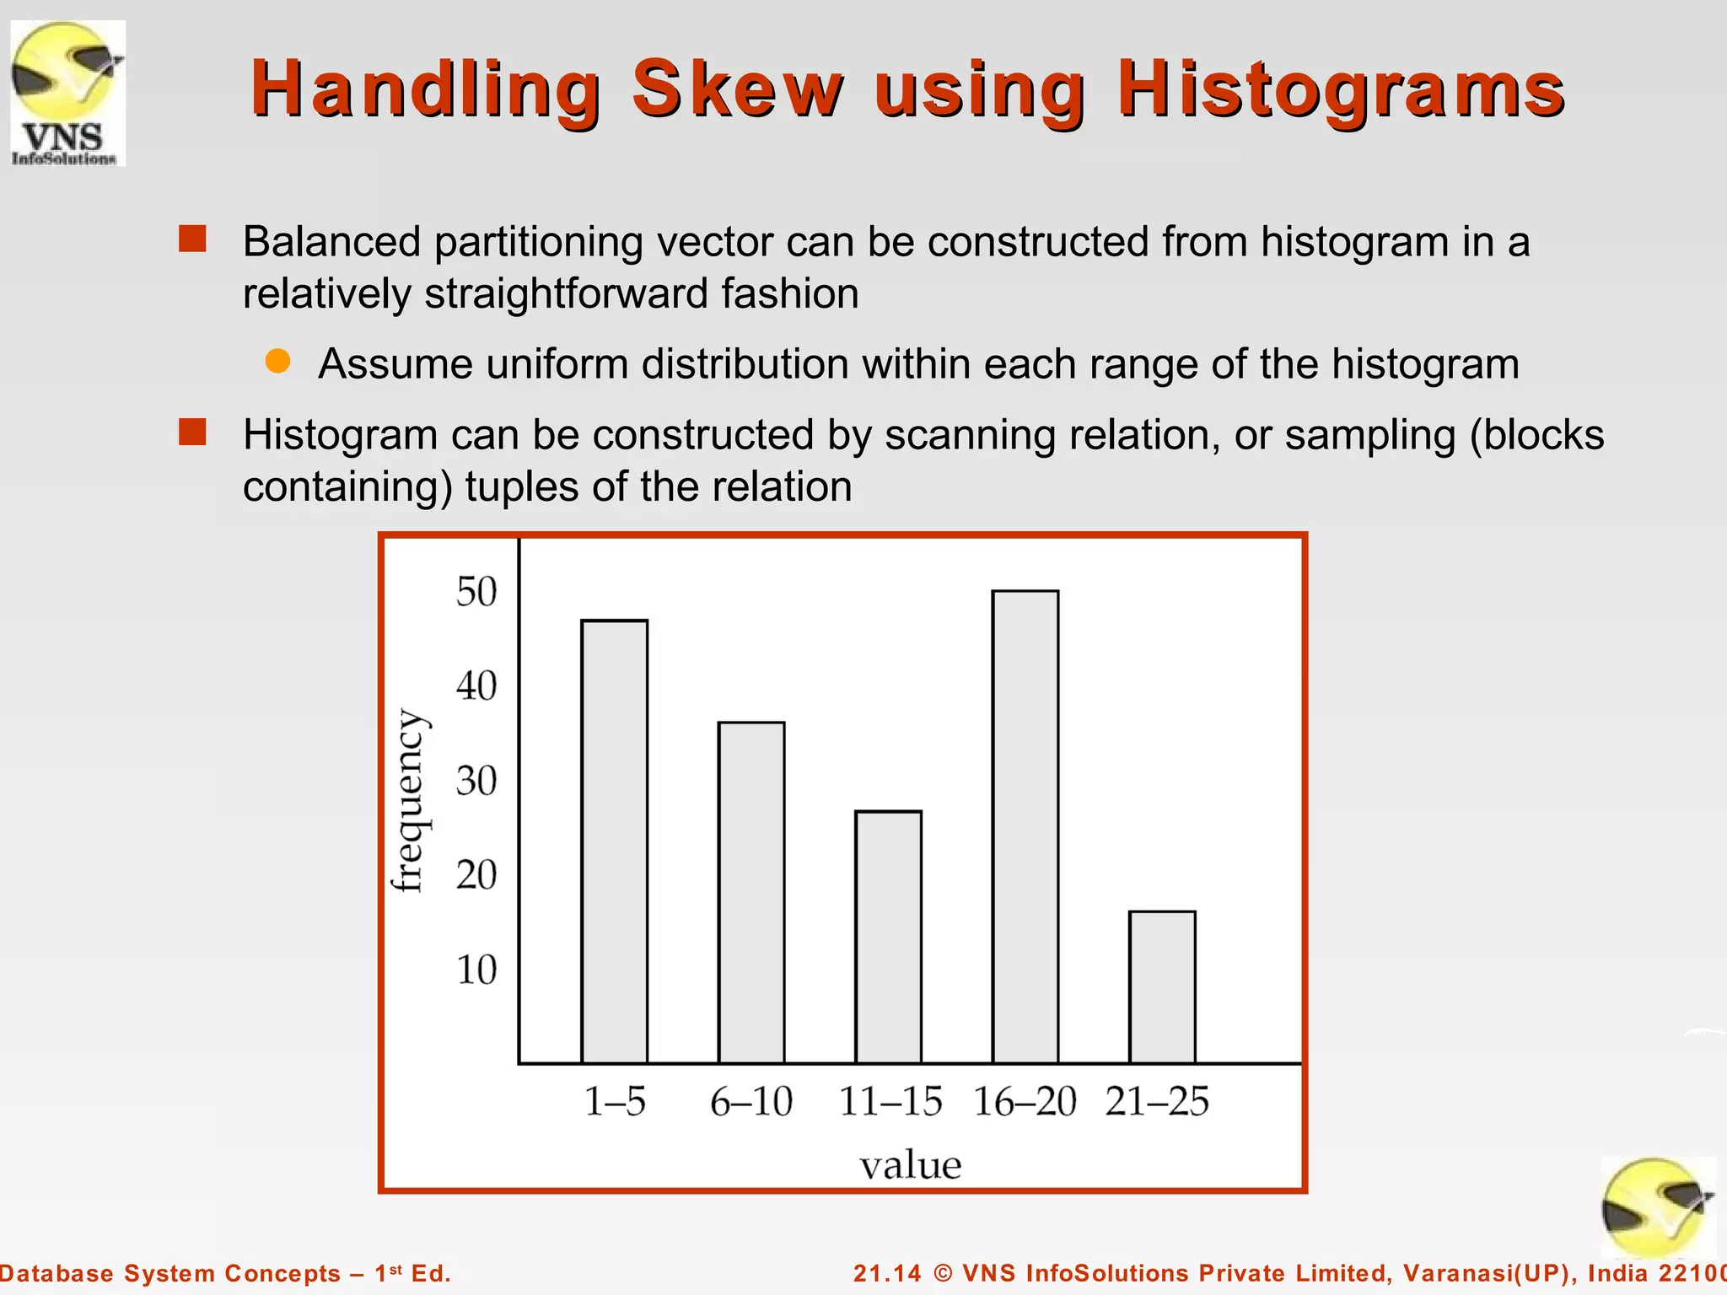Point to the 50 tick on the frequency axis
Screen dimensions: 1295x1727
[x=476, y=592]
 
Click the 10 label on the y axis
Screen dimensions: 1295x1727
[x=476, y=970]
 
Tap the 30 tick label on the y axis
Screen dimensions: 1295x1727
[x=476, y=781]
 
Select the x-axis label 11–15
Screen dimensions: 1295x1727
[x=890, y=1101]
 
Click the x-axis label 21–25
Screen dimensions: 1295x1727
[x=1157, y=1101]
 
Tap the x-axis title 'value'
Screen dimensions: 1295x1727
[x=910, y=1165]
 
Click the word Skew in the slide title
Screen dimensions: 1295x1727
[x=737, y=89]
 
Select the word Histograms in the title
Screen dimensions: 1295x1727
[x=1341, y=90]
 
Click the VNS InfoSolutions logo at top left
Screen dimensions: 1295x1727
[x=67, y=93]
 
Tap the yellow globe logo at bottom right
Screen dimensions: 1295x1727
[x=1656, y=1207]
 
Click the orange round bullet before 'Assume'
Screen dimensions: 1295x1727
[x=277, y=362]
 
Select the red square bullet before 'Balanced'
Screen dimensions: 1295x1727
[x=192, y=239]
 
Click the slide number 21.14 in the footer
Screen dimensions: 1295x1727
[x=887, y=1273]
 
